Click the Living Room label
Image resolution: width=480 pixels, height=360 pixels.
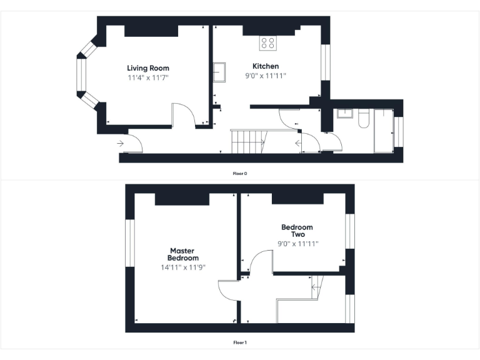(x=148, y=68)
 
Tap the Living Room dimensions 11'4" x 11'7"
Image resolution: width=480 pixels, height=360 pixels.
(x=148, y=77)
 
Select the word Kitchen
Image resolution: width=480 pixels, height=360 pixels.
(x=266, y=66)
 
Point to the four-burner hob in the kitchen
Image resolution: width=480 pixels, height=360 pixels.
(x=268, y=43)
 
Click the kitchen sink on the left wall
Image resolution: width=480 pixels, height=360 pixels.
(x=219, y=72)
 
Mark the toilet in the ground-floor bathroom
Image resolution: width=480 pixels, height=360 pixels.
(x=364, y=119)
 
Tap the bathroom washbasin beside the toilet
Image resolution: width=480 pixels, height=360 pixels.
(x=344, y=113)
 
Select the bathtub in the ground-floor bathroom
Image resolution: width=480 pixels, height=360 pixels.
(x=382, y=131)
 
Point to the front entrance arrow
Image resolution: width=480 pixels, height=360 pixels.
(x=120, y=144)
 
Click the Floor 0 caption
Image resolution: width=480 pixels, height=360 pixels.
(x=240, y=173)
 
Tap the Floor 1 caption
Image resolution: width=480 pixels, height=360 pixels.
(x=240, y=342)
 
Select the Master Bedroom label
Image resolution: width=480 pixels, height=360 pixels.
(x=183, y=254)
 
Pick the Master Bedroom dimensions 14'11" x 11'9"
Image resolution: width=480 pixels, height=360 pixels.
(x=183, y=267)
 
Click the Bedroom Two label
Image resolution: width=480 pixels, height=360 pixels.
(x=297, y=231)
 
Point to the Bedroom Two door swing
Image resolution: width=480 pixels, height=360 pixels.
(x=260, y=262)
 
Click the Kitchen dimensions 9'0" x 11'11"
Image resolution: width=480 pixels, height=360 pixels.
(x=266, y=76)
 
